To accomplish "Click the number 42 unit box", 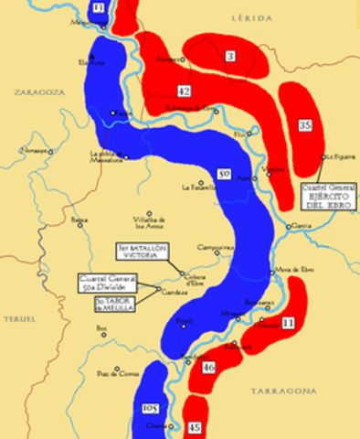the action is click(184, 91).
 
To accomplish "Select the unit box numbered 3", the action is click(230, 58).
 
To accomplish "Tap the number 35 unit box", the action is click(305, 125).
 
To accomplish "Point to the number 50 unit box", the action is click(225, 172).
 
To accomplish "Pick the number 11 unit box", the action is click(287, 323).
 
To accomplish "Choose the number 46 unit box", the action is click(209, 368).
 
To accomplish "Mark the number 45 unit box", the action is click(194, 426).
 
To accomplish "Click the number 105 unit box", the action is click(152, 407).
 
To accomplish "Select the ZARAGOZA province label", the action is click(35, 92).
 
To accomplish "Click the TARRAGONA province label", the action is click(285, 391).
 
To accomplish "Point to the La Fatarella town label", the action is click(197, 187).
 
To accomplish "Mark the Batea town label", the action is click(79, 220).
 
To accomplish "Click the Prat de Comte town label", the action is click(119, 373).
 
